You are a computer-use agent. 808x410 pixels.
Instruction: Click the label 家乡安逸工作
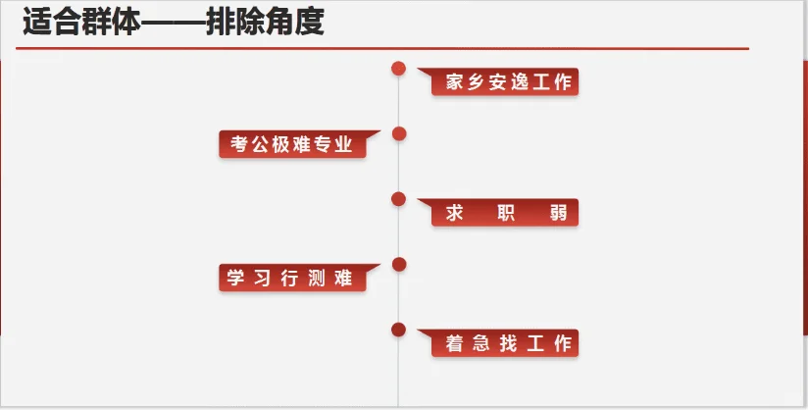point(506,82)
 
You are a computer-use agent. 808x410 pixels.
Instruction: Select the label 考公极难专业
point(292,145)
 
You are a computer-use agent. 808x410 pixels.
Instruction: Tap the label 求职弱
point(506,213)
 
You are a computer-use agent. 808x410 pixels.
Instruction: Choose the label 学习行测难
point(292,278)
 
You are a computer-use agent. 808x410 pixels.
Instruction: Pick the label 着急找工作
point(506,343)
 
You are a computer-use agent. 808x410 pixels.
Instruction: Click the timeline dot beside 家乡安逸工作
point(398,68)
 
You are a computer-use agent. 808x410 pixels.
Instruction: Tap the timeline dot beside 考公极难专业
point(398,133)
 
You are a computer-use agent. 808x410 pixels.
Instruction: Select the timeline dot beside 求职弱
point(398,199)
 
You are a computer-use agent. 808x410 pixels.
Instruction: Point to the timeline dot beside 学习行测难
point(398,264)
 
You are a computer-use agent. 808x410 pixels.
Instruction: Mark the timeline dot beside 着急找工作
point(398,330)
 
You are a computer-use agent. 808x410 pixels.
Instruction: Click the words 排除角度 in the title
point(265,24)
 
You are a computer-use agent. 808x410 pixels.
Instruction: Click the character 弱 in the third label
point(559,213)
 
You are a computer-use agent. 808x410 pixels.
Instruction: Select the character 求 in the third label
point(454,213)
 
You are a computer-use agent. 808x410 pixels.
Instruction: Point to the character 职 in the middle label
point(507,213)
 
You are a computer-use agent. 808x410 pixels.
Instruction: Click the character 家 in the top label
point(453,82)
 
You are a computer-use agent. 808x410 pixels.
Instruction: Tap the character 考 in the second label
point(239,145)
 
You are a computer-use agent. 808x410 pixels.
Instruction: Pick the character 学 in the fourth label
point(236,278)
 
